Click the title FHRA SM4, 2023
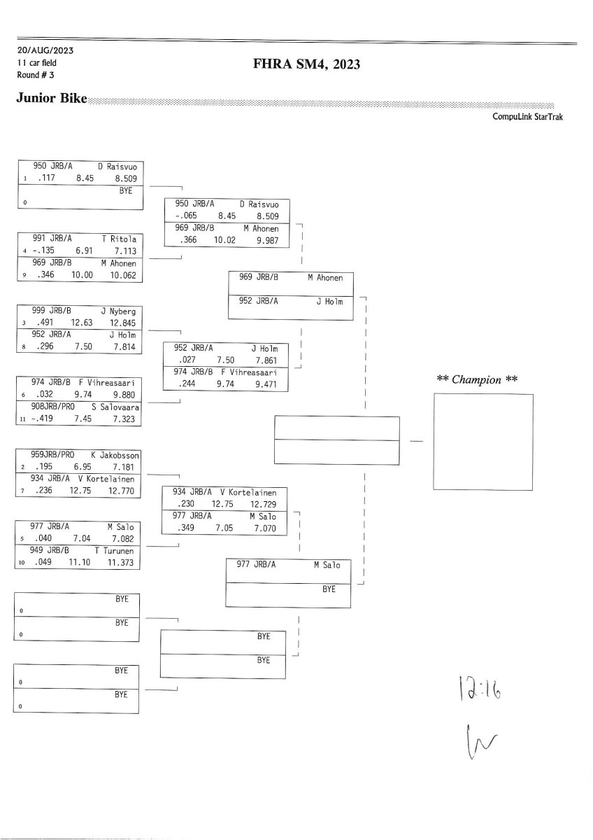pos(306,64)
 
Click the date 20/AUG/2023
pos(45,50)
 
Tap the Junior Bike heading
pos(51,98)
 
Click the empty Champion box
pos(483,442)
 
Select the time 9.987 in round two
pos(267,240)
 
